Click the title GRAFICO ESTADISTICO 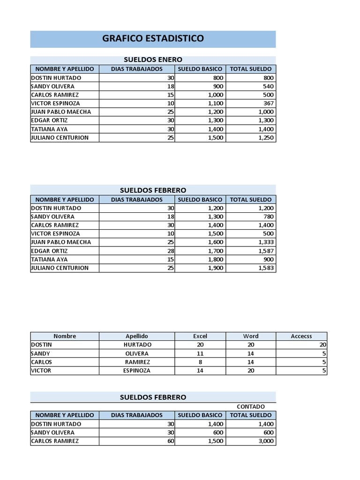[153, 39]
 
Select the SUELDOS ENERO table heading [153, 60]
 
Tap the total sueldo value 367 [269, 103]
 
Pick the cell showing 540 [269, 86]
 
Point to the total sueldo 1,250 [266, 138]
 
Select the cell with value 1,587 [266, 251]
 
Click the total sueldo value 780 [269, 217]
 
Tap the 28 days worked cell [171, 251]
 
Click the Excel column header [200, 336]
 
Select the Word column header [251, 336]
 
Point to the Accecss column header [301, 336]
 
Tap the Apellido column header [137, 336]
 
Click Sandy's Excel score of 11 [200, 353]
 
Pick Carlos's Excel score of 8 [200, 362]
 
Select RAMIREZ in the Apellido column [137, 362]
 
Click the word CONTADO [251, 406]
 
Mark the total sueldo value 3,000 [266, 441]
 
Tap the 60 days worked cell [171, 441]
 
